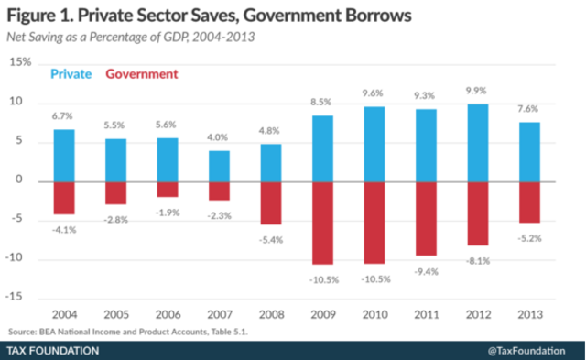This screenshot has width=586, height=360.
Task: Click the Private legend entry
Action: pos(71,73)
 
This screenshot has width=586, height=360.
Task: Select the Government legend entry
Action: pos(142,73)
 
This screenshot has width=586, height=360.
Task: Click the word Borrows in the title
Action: pos(359,16)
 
